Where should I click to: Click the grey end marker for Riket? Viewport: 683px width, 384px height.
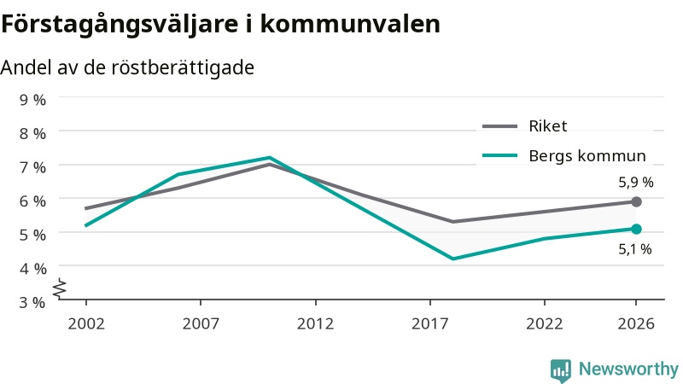pos(636,201)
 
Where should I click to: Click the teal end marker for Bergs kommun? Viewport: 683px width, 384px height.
pos(636,229)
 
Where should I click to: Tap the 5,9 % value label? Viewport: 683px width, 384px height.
pos(636,182)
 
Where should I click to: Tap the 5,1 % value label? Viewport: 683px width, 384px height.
pos(635,249)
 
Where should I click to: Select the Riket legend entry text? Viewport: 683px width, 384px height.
pos(548,126)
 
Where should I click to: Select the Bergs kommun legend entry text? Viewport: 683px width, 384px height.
pos(587,156)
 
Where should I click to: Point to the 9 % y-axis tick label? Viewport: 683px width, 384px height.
pos(32,100)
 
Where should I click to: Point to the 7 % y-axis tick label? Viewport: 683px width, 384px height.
pos(32,167)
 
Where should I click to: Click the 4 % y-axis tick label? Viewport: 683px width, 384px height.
pos(32,269)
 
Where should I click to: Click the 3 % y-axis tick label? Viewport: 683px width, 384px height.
pos(32,302)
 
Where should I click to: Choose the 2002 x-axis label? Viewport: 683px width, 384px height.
pos(86,324)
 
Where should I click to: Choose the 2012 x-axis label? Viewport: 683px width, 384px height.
pos(315,324)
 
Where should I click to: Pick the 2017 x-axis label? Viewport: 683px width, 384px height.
pos(430,324)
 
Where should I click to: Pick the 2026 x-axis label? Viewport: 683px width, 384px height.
pos(636,324)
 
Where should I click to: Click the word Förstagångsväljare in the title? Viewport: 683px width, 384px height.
pos(120,25)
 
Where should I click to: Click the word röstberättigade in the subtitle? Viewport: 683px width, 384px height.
pos(183,68)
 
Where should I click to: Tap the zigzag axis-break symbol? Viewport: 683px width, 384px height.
pos(60,289)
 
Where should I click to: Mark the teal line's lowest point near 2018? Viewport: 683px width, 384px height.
pos(453,259)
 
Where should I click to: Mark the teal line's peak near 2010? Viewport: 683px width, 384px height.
pos(270,158)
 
